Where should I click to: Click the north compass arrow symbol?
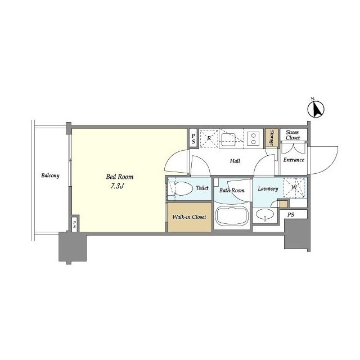(x=316, y=110)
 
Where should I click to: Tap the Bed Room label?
(x=119, y=177)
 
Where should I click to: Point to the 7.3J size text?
(x=117, y=186)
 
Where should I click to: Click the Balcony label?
(x=50, y=175)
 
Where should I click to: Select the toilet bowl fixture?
(x=181, y=189)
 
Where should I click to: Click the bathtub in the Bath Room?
(x=232, y=216)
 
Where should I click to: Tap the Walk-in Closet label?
(x=189, y=217)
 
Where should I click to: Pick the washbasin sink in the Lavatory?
(x=265, y=215)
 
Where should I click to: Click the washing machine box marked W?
(x=295, y=187)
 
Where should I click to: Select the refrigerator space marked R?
(x=209, y=138)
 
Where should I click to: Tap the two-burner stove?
(x=253, y=138)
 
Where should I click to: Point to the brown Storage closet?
(x=272, y=138)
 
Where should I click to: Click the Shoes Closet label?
(x=292, y=135)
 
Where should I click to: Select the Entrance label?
(x=294, y=160)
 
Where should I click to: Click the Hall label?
(x=235, y=161)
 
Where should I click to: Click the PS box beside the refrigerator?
(x=193, y=139)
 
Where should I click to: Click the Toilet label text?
(x=202, y=188)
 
